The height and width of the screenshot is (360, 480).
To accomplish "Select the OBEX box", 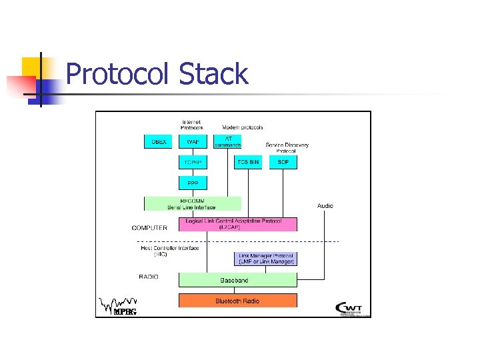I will point(158,142).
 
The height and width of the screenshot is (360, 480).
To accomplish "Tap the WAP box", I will point(193,142).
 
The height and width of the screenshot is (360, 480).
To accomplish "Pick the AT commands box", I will point(227,142).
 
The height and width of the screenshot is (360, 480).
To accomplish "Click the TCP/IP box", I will point(193,162).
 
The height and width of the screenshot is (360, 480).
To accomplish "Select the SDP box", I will point(283,162).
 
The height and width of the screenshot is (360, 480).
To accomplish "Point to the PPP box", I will point(193,182).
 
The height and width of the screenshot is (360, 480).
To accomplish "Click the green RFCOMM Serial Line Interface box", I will point(193,203).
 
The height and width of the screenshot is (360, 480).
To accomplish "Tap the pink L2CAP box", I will point(237,224).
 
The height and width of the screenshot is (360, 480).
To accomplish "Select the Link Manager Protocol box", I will point(266,259).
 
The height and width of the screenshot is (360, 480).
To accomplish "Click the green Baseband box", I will point(237,280).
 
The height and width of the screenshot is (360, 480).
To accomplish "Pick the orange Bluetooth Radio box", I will point(237,301).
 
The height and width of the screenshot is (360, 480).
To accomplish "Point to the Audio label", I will point(325,206).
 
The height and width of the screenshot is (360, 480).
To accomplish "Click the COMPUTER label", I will point(150,228).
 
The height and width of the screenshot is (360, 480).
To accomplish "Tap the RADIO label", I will point(149,277).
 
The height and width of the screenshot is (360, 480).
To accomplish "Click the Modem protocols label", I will point(242,127).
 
